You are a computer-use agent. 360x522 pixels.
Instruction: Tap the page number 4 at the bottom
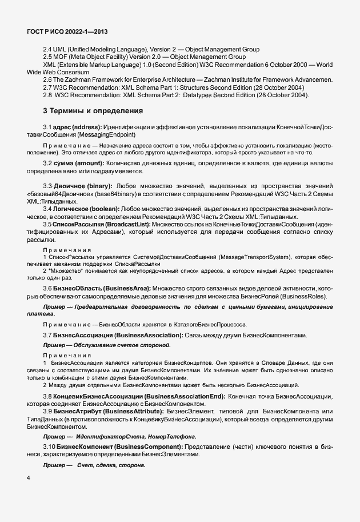point(29,478)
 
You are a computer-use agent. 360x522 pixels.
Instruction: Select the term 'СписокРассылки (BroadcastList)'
point(103,225)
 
